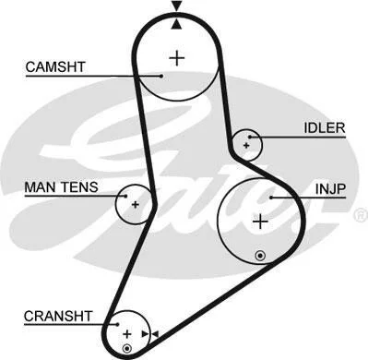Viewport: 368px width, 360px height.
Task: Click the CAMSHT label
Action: click(55, 67)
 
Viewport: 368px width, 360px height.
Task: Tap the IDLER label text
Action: click(325, 128)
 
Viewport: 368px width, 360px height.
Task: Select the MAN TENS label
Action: click(61, 187)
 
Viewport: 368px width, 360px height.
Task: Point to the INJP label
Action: click(331, 188)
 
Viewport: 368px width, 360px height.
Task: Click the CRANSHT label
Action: click(58, 317)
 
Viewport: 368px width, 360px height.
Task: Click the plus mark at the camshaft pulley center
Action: click(177, 58)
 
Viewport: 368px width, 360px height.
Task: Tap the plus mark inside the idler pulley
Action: click(246, 146)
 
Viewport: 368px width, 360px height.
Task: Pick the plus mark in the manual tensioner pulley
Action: click(136, 205)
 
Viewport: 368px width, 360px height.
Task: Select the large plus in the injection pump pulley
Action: click(260, 222)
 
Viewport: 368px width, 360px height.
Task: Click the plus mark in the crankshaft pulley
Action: click(126, 334)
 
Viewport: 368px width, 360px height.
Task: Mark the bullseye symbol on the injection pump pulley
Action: click(260, 256)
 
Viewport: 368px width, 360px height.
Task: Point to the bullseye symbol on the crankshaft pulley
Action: click(127, 348)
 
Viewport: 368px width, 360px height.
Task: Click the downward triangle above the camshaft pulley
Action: click(176, 6)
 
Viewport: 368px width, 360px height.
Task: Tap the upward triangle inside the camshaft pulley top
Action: click(176, 24)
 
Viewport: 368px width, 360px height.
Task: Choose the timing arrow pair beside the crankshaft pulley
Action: click(150, 334)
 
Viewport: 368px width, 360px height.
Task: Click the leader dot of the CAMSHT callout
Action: click(161, 76)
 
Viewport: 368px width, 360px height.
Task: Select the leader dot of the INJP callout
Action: click(271, 198)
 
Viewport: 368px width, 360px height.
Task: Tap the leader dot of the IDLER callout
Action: click(250, 137)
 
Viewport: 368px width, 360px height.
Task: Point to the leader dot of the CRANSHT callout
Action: click(117, 324)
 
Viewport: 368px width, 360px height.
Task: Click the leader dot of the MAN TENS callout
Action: click(126, 196)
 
